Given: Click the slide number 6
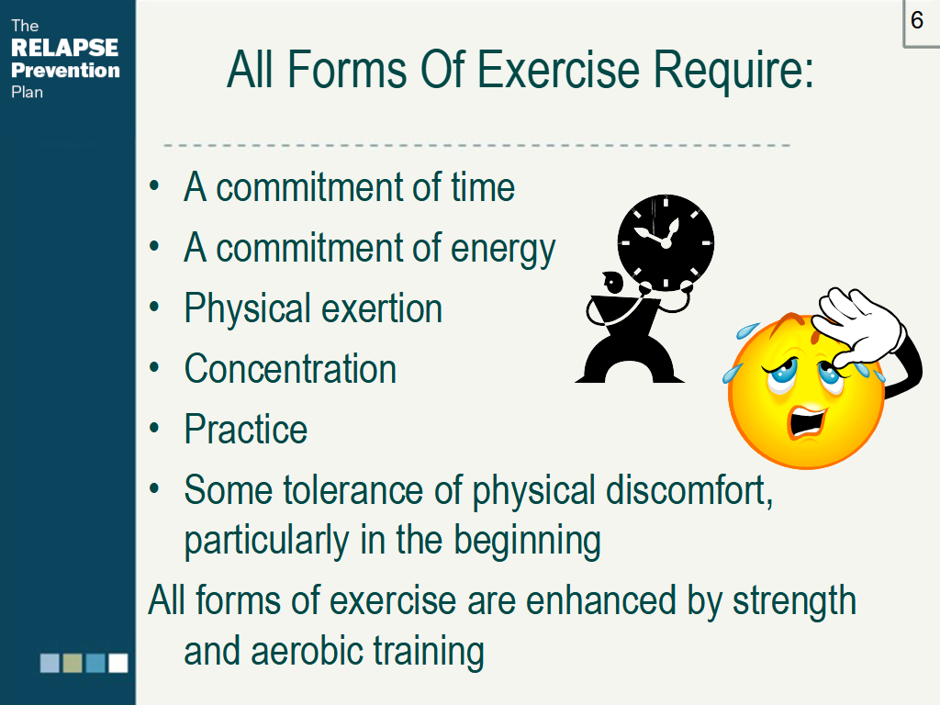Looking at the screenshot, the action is point(917,20).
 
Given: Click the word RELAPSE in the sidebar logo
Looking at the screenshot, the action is point(65,48).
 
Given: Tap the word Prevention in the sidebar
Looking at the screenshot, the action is point(65,70).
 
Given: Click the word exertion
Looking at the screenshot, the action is point(382,309).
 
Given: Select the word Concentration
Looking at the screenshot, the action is point(290,369).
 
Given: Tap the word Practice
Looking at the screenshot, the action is point(246,430).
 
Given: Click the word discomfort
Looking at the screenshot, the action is point(689,491).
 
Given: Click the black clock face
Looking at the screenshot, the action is point(666,242).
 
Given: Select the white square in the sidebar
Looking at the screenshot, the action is point(118,663).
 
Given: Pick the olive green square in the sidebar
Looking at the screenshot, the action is point(73,663).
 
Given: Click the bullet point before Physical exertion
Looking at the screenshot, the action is point(154,308).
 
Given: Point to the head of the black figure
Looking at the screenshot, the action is point(613,282).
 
